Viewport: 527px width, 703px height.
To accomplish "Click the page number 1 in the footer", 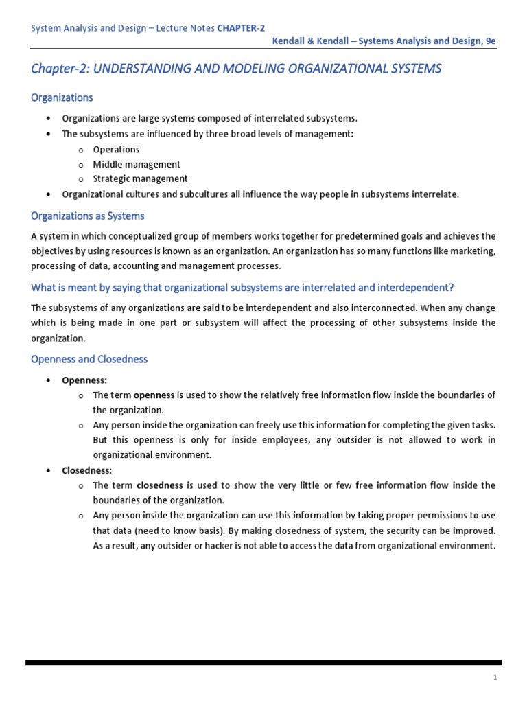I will [495, 678].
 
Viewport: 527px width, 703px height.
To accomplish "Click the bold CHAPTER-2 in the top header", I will [241, 27].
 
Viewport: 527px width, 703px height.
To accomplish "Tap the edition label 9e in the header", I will [489, 41].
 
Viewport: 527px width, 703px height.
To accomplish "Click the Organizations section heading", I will [62, 98].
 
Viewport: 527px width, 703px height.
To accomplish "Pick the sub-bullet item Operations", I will [116, 150].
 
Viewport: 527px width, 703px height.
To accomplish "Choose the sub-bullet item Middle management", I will [137, 165].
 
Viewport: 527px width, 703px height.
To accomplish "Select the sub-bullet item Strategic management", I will [140, 179].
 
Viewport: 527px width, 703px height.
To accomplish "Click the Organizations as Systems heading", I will [88, 216].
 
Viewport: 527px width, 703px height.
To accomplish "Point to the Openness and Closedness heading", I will [89, 359].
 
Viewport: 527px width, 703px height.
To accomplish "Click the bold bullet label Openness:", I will [84, 380].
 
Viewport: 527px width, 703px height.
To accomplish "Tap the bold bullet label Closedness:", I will [86, 470].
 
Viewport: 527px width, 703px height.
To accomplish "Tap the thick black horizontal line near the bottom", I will [263, 662].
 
